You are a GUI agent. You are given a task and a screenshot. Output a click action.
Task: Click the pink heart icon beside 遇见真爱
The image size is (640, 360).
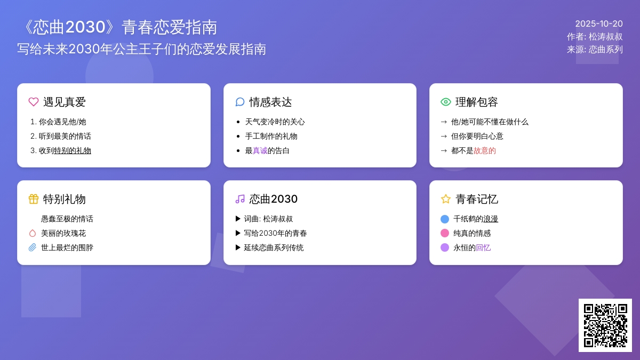pyautogui.click(x=34, y=102)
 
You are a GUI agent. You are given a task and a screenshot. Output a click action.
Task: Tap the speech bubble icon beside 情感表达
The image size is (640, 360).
pyautogui.click(x=239, y=102)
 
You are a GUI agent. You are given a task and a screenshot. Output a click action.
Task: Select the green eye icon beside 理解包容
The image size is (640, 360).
pyautogui.click(x=446, y=102)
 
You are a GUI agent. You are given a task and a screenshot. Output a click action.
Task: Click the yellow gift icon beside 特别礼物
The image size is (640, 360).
pyautogui.click(x=34, y=199)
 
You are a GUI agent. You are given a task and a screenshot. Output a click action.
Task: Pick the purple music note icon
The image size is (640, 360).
pyautogui.click(x=239, y=199)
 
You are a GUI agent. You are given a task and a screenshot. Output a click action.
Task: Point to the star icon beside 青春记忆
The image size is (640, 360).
pyautogui.click(x=446, y=199)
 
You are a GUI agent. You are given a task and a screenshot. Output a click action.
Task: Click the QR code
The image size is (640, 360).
pyautogui.click(x=605, y=325)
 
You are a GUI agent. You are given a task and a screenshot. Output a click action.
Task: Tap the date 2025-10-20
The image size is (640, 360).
pyautogui.click(x=599, y=23)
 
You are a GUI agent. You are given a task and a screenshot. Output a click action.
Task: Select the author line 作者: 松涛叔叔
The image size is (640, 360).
pyautogui.click(x=595, y=37)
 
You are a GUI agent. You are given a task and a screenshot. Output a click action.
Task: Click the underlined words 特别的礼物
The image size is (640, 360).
pyautogui.click(x=73, y=150)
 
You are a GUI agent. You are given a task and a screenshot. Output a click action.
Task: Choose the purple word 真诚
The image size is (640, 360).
pyautogui.click(x=260, y=150)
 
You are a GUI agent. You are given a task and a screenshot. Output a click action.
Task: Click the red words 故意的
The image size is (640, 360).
pyautogui.click(x=485, y=150)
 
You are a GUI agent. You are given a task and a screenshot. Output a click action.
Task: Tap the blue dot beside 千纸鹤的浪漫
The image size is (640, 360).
pyautogui.click(x=445, y=219)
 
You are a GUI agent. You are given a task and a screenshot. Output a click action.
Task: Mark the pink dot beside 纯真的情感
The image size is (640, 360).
pyautogui.click(x=445, y=234)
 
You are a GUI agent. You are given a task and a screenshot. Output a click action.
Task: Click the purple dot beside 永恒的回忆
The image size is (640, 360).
pyautogui.click(x=445, y=247)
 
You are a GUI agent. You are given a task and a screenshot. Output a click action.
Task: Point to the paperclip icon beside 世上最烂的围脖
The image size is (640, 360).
pyautogui.click(x=33, y=247)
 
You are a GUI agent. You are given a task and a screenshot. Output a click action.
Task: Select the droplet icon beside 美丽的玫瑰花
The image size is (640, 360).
pyautogui.click(x=33, y=234)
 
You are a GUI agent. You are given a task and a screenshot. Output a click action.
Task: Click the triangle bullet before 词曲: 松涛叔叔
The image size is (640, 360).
pyautogui.click(x=238, y=219)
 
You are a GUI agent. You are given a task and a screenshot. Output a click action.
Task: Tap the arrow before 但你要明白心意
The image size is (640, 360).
pyautogui.click(x=444, y=137)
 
